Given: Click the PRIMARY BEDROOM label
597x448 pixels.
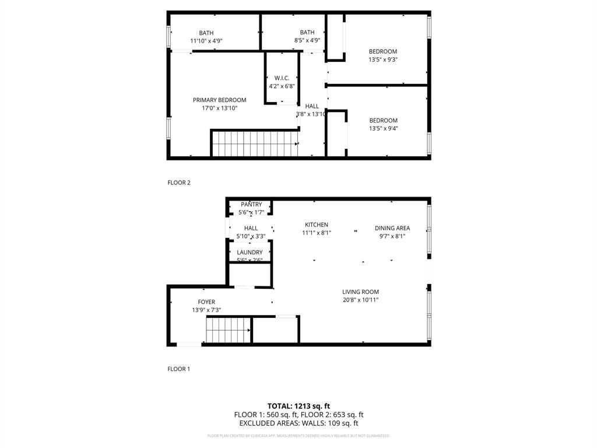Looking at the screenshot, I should pyautogui.click(x=219, y=100).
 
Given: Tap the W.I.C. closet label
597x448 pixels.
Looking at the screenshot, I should pyautogui.click(x=282, y=78).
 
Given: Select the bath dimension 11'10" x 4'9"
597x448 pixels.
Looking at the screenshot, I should pyautogui.click(x=206, y=41).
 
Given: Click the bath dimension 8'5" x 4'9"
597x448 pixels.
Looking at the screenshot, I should pyautogui.click(x=307, y=41).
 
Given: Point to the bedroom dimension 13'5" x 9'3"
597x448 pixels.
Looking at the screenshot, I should pyautogui.click(x=382, y=60).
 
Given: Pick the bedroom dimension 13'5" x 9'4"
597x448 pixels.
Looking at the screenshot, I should pyautogui.click(x=383, y=129).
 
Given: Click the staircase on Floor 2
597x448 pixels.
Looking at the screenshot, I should pyautogui.click(x=254, y=143).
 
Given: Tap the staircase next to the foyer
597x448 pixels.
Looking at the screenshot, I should pyautogui.click(x=228, y=330).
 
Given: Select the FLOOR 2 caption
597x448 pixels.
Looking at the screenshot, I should pyautogui.click(x=179, y=183).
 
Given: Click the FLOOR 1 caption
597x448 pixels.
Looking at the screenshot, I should pyautogui.click(x=179, y=369).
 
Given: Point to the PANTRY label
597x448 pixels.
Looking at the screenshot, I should pyautogui.click(x=251, y=205).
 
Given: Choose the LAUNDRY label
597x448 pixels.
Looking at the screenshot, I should pyautogui.click(x=250, y=253).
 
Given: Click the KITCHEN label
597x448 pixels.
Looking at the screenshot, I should pyautogui.click(x=317, y=225).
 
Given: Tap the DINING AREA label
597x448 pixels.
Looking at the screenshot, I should pyautogui.click(x=392, y=228).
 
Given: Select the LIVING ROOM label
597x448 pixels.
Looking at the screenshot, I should pyautogui.click(x=360, y=292).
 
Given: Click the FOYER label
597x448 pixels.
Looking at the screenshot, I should pyautogui.click(x=206, y=302).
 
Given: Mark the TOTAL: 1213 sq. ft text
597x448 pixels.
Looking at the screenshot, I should pyautogui.click(x=298, y=405).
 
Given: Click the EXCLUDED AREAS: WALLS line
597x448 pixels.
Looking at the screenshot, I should pyautogui.click(x=298, y=423).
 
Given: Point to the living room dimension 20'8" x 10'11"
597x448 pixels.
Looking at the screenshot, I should pyautogui.click(x=360, y=300).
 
